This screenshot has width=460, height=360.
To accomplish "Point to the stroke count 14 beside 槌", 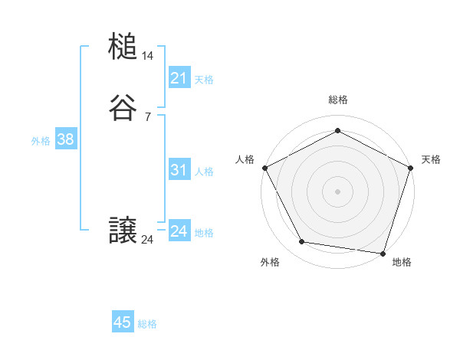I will (x=148, y=56).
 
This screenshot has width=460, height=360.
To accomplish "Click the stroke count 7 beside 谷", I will (x=148, y=117).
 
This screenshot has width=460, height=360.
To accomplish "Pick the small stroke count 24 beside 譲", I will (x=148, y=240).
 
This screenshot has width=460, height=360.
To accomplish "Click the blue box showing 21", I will (x=179, y=77).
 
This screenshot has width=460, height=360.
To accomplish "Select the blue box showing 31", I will (x=179, y=170).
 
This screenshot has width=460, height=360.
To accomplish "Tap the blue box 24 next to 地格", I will (x=179, y=231).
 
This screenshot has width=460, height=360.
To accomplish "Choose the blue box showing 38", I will (x=66, y=139).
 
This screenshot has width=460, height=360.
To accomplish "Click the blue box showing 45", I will (x=123, y=322).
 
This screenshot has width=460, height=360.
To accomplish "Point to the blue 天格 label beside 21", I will (x=204, y=79).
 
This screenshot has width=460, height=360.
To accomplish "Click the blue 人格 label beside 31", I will (x=205, y=172).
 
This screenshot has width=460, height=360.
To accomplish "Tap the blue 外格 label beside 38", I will (x=41, y=141).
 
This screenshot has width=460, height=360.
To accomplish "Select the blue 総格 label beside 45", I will (x=147, y=324).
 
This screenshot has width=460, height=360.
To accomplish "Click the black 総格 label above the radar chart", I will (x=337, y=100).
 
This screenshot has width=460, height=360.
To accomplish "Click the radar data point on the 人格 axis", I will (x=264, y=168).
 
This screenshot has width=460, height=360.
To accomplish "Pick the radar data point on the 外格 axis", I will (x=302, y=242).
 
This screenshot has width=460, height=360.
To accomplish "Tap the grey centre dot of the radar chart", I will (x=337, y=191).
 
